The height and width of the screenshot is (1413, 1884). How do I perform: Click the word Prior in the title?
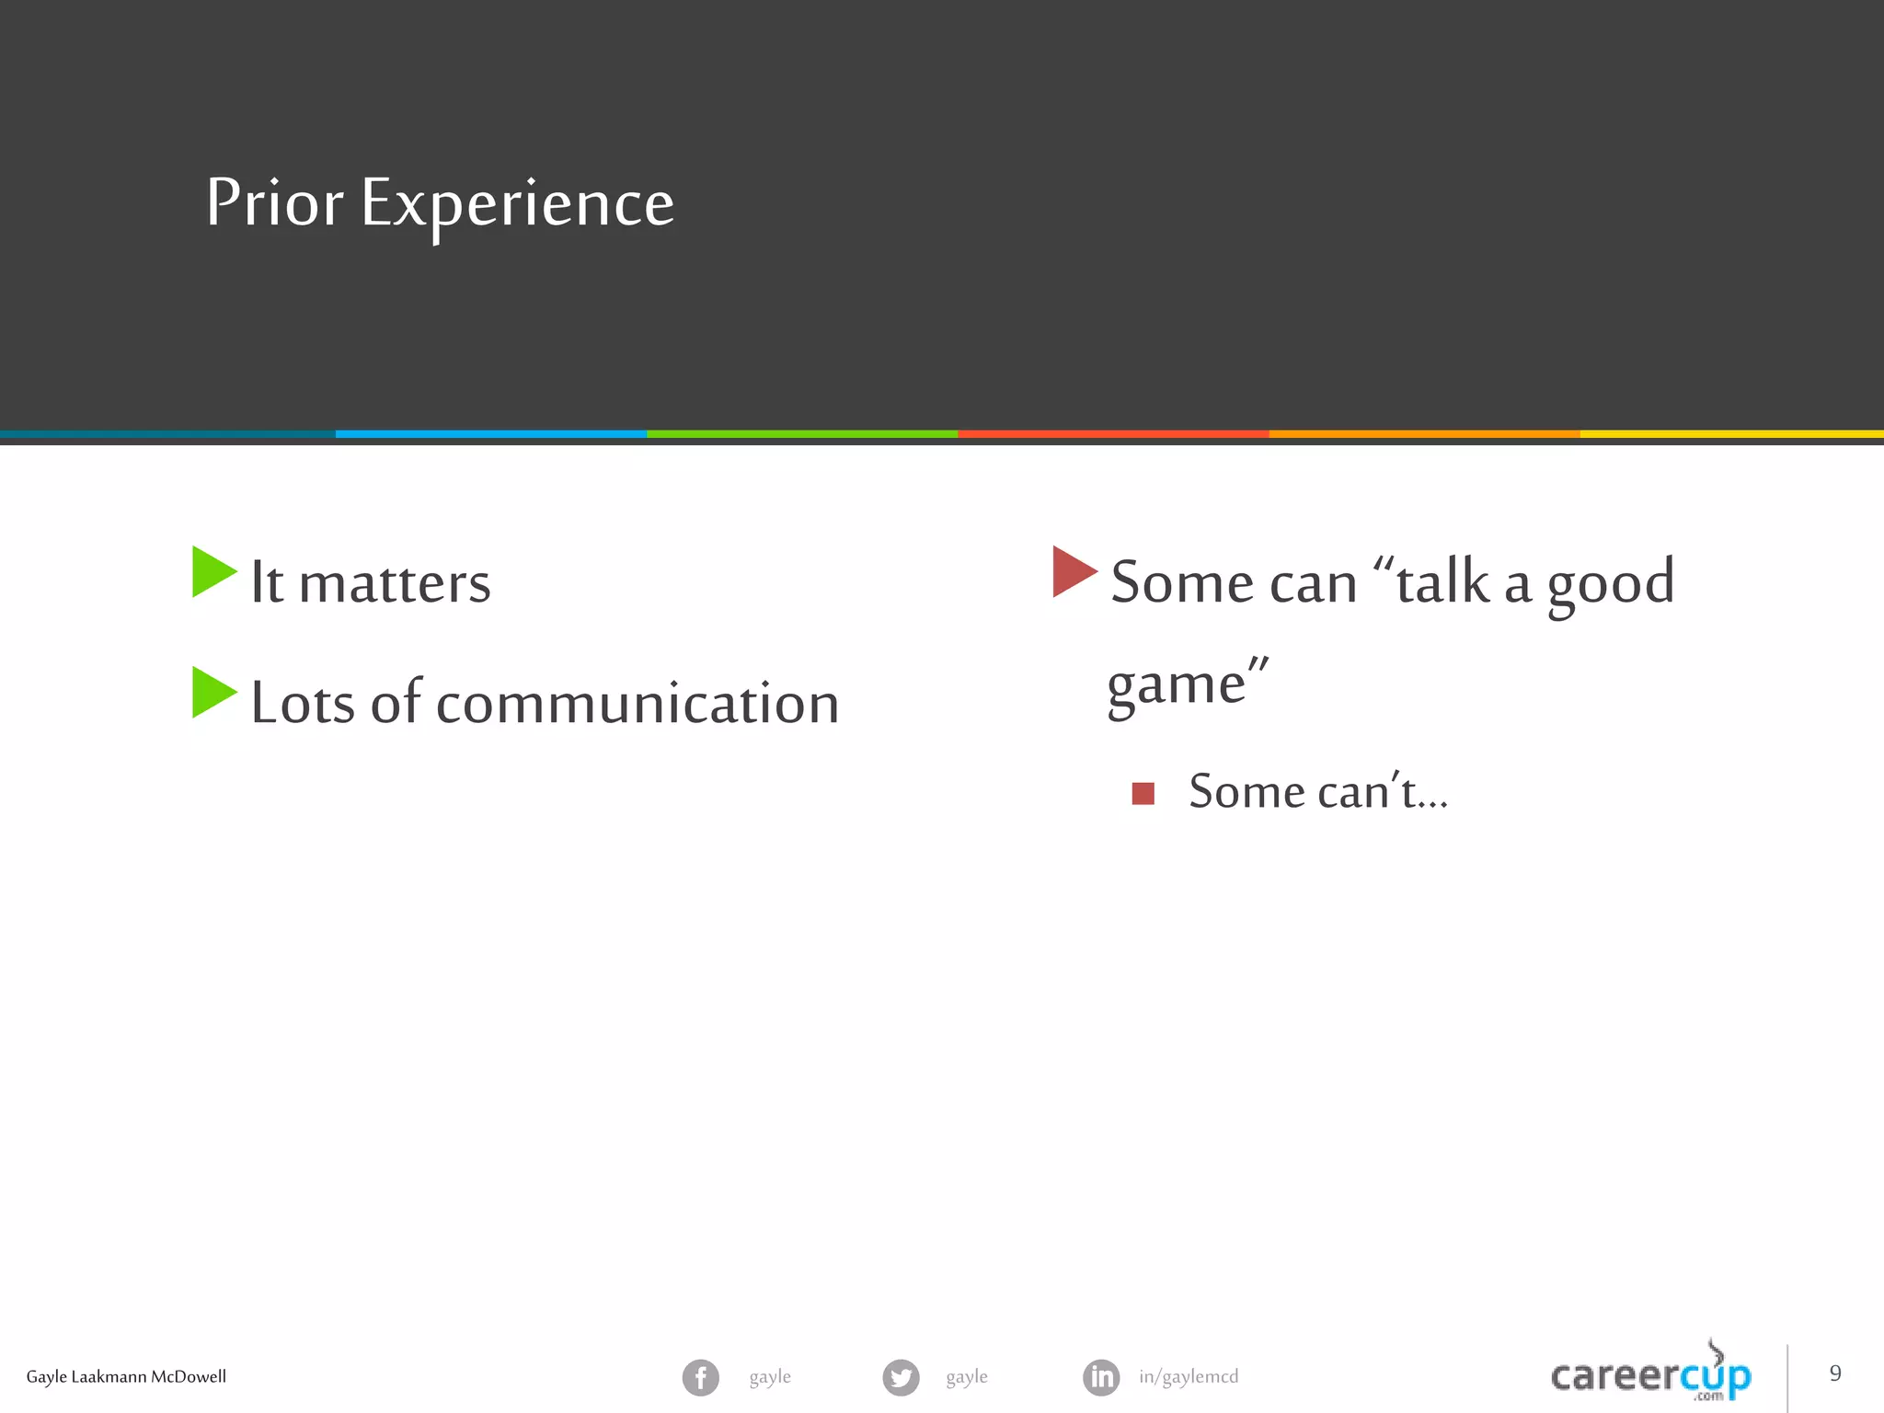click(274, 202)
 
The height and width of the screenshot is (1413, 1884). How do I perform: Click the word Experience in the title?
click(517, 204)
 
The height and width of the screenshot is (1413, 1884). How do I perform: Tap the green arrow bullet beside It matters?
click(213, 572)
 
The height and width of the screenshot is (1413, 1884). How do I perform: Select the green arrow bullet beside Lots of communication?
click(213, 692)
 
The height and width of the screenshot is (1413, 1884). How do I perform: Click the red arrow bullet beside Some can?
click(1073, 571)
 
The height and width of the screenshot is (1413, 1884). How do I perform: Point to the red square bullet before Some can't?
click(1143, 793)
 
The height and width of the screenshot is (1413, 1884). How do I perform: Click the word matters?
click(395, 583)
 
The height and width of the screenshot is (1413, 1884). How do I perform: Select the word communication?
click(637, 704)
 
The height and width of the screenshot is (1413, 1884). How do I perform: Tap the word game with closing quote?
click(1187, 685)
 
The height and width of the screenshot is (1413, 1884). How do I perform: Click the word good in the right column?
click(1610, 583)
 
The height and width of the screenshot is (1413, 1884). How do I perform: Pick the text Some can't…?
click(1317, 792)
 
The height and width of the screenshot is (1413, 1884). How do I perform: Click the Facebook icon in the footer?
click(700, 1377)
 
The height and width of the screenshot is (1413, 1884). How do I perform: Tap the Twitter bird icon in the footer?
click(901, 1377)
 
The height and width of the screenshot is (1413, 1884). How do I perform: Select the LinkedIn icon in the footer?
click(1101, 1377)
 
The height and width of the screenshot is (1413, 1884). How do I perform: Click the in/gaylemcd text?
click(1188, 1377)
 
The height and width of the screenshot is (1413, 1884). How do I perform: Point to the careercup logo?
click(1650, 1375)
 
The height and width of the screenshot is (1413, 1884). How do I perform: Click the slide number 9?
click(1834, 1373)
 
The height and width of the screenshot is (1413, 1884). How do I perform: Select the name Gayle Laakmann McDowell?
click(126, 1377)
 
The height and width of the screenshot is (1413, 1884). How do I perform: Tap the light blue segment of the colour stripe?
click(490, 433)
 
